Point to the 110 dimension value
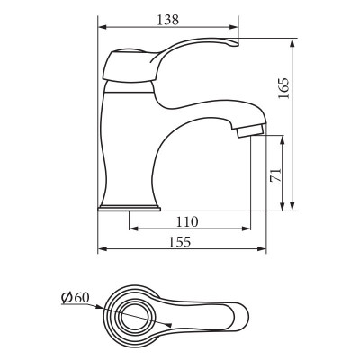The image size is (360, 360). click(x=187, y=221)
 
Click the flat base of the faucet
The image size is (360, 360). click(x=131, y=207)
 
